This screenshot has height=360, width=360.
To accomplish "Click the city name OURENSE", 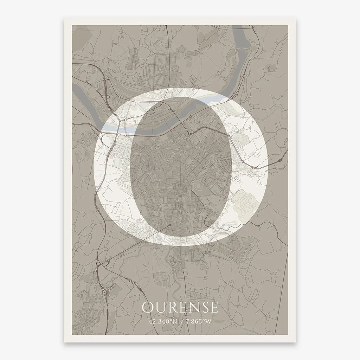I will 180,307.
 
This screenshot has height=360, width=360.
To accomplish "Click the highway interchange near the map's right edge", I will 279,160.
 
